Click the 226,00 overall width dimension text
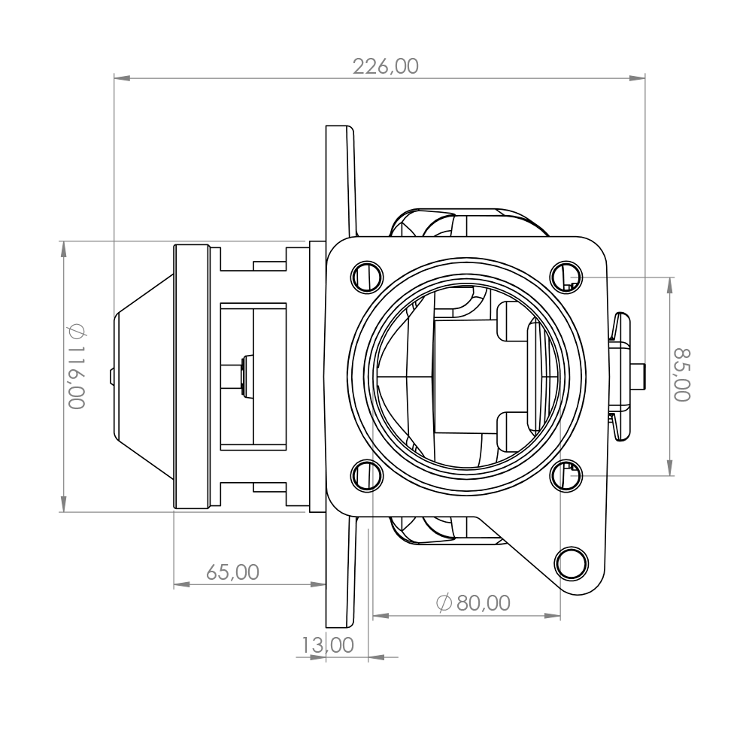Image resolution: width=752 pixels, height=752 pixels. (x=386, y=66)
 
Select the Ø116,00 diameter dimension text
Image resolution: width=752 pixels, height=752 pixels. (x=77, y=366)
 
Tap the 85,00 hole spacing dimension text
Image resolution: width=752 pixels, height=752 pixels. (x=682, y=374)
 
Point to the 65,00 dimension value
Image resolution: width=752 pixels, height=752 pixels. (x=232, y=572)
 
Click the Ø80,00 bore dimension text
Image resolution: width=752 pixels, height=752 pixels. (x=473, y=603)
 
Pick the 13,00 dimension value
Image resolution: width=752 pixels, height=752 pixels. (x=328, y=645)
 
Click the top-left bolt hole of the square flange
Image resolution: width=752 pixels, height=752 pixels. (x=368, y=277)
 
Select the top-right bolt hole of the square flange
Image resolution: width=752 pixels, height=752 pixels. (x=566, y=277)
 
